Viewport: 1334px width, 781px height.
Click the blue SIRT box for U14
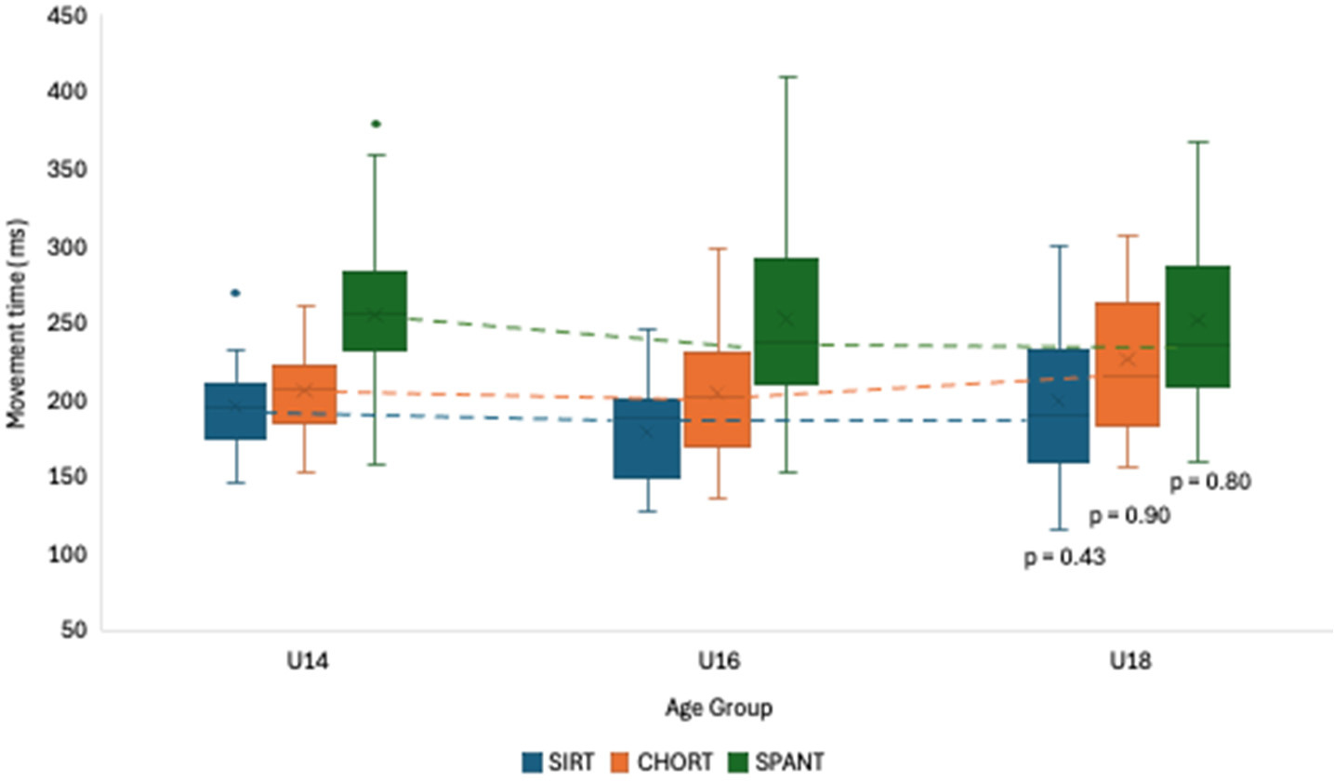click(x=235, y=411)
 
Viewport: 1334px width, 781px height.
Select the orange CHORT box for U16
click(x=717, y=399)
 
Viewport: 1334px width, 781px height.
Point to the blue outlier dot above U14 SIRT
click(x=235, y=293)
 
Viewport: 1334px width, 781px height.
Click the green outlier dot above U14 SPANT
click(x=375, y=124)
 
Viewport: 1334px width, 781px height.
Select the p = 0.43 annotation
click(x=1064, y=558)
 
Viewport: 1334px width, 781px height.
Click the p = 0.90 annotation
click(x=1129, y=515)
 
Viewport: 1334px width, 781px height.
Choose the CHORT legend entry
click(x=663, y=761)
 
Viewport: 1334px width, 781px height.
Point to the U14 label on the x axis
click(x=305, y=663)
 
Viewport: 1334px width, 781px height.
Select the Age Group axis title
click(x=718, y=709)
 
